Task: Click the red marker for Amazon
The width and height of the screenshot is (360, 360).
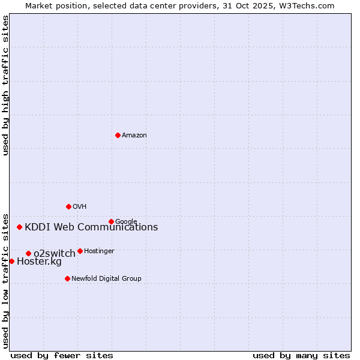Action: (118, 135)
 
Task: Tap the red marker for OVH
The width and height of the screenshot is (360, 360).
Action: (68, 206)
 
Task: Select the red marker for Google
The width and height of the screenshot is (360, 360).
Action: (111, 221)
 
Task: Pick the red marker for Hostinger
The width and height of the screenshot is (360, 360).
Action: (80, 251)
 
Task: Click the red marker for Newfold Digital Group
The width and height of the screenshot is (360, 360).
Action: (67, 278)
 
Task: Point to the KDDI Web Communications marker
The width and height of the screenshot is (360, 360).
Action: (20, 227)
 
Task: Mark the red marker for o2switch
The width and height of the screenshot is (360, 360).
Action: (28, 253)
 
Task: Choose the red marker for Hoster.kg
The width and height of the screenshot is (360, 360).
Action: (11, 261)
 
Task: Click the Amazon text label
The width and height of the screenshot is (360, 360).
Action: (134, 136)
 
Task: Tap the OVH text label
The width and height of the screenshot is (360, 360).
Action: (80, 207)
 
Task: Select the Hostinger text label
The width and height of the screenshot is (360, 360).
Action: (99, 251)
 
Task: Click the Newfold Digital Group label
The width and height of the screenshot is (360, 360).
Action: (106, 279)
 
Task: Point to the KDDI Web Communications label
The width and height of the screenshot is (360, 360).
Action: (91, 227)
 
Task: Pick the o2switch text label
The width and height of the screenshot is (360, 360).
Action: (55, 254)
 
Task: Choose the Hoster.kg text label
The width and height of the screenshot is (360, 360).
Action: (39, 262)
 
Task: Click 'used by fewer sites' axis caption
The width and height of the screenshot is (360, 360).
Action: (62, 355)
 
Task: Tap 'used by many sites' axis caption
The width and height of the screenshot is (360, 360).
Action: (301, 355)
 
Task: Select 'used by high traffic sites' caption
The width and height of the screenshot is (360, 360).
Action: (5, 85)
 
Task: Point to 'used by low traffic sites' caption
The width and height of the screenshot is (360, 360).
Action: (5, 280)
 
